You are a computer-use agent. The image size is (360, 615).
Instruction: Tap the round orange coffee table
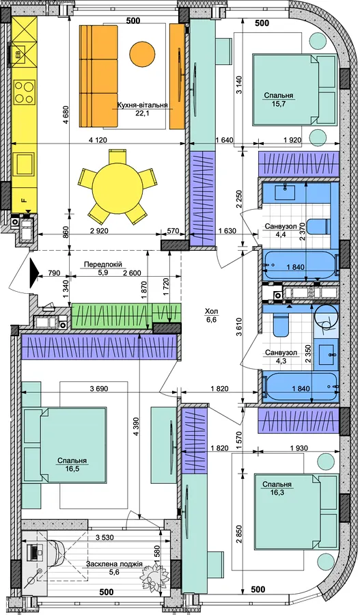tap(142, 54)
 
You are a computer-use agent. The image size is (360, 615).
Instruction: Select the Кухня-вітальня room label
tap(142, 105)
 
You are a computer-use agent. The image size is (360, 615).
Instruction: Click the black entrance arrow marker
tap(35, 270)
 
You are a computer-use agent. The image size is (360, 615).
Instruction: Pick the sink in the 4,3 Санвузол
tap(328, 354)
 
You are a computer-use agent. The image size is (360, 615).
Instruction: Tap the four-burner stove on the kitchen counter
tap(25, 92)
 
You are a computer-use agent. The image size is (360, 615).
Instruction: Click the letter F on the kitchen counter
tap(25, 200)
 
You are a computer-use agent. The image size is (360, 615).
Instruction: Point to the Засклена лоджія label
tap(114, 564)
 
